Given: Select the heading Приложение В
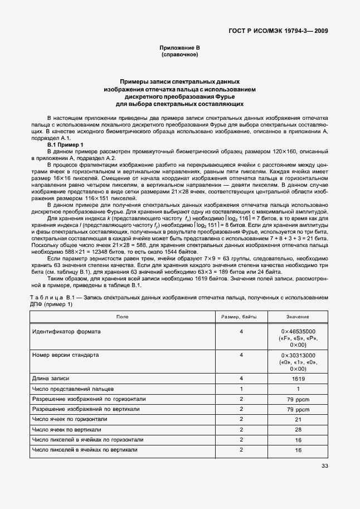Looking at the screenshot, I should [179, 49].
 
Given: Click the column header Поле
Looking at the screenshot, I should [122, 317].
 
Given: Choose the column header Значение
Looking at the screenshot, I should [298, 317].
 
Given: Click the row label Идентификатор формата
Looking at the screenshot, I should [66, 331].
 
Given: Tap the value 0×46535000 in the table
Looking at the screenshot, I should [298, 331].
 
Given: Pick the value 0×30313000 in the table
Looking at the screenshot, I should [298, 355].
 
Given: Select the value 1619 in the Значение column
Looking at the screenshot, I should [298, 379].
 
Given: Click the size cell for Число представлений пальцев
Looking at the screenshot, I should [241, 389].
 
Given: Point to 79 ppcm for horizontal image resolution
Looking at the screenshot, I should [298, 399].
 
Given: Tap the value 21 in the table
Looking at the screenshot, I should [298, 419].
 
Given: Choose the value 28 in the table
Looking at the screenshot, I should [298, 430].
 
